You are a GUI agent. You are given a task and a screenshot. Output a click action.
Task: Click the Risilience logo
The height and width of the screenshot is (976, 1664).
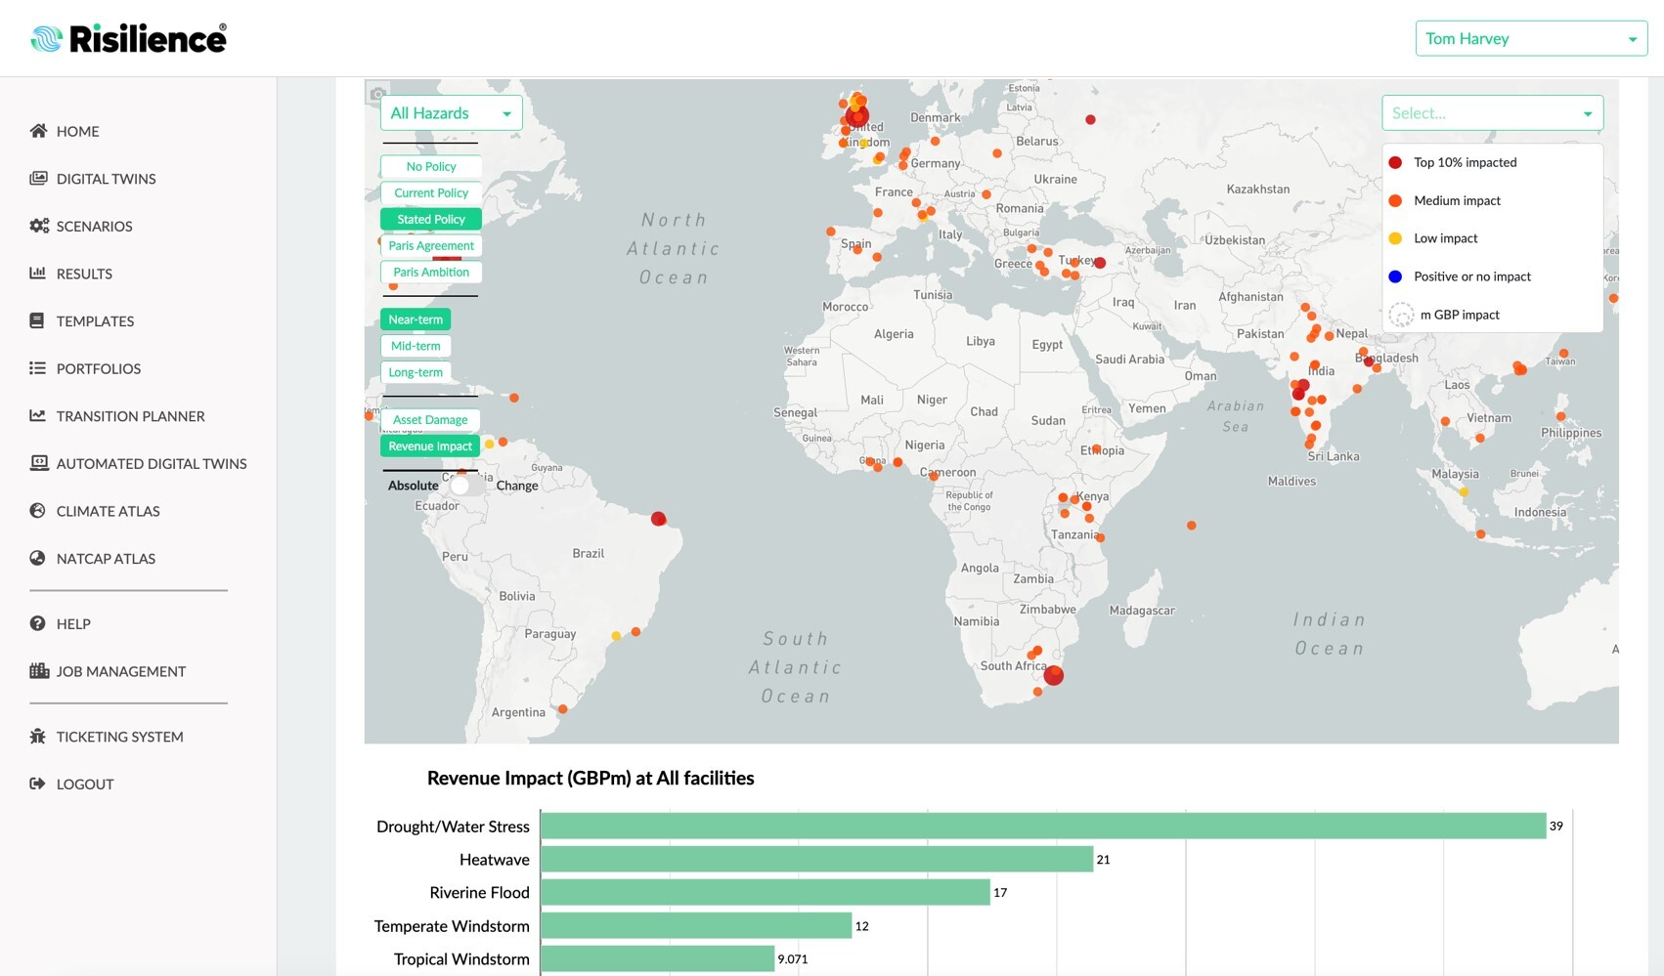(129, 39)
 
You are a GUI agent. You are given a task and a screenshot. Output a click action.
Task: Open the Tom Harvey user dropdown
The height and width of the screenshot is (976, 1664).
(1530, 39)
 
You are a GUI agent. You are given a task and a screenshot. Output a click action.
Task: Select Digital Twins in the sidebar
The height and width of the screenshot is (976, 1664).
(106, 179)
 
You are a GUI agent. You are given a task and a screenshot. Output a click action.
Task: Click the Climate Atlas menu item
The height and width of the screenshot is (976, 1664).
(108, 511)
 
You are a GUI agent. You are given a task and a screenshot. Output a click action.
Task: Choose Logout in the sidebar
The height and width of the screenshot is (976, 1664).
(84, 784)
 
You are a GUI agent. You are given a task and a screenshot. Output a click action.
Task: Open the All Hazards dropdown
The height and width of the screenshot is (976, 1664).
(451, 113)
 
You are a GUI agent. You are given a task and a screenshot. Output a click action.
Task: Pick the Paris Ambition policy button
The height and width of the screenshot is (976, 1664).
(431, 273)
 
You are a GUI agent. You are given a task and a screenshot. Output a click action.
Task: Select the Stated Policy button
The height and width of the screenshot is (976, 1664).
(431, 220)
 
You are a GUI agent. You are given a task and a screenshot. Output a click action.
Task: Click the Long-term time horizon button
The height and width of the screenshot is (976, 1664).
(416, 372)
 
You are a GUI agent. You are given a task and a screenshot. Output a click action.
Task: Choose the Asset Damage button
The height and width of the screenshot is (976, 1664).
(430, 420)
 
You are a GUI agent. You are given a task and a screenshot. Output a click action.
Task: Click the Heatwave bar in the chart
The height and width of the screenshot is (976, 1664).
(816, 860)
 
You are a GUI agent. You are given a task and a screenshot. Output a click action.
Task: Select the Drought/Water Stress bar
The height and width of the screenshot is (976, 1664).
(1042, 827)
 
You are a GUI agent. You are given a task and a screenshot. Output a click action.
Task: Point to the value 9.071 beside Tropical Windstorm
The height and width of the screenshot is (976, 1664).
(793, 959)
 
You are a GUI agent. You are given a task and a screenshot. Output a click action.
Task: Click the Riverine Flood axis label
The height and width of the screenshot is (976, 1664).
(479, 893)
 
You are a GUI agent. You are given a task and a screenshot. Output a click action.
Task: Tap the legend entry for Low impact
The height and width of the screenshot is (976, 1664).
(1445, 238)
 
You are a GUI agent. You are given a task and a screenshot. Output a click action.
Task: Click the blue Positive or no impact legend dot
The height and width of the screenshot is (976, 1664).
(1395, 276)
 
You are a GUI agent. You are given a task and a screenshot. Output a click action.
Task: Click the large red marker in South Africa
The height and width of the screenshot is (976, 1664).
(1053, 675)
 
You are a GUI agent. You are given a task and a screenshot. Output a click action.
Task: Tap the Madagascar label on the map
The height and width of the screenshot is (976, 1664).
(1142, 611)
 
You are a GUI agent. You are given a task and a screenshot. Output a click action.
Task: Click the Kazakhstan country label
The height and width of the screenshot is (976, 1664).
(1257, 190)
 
